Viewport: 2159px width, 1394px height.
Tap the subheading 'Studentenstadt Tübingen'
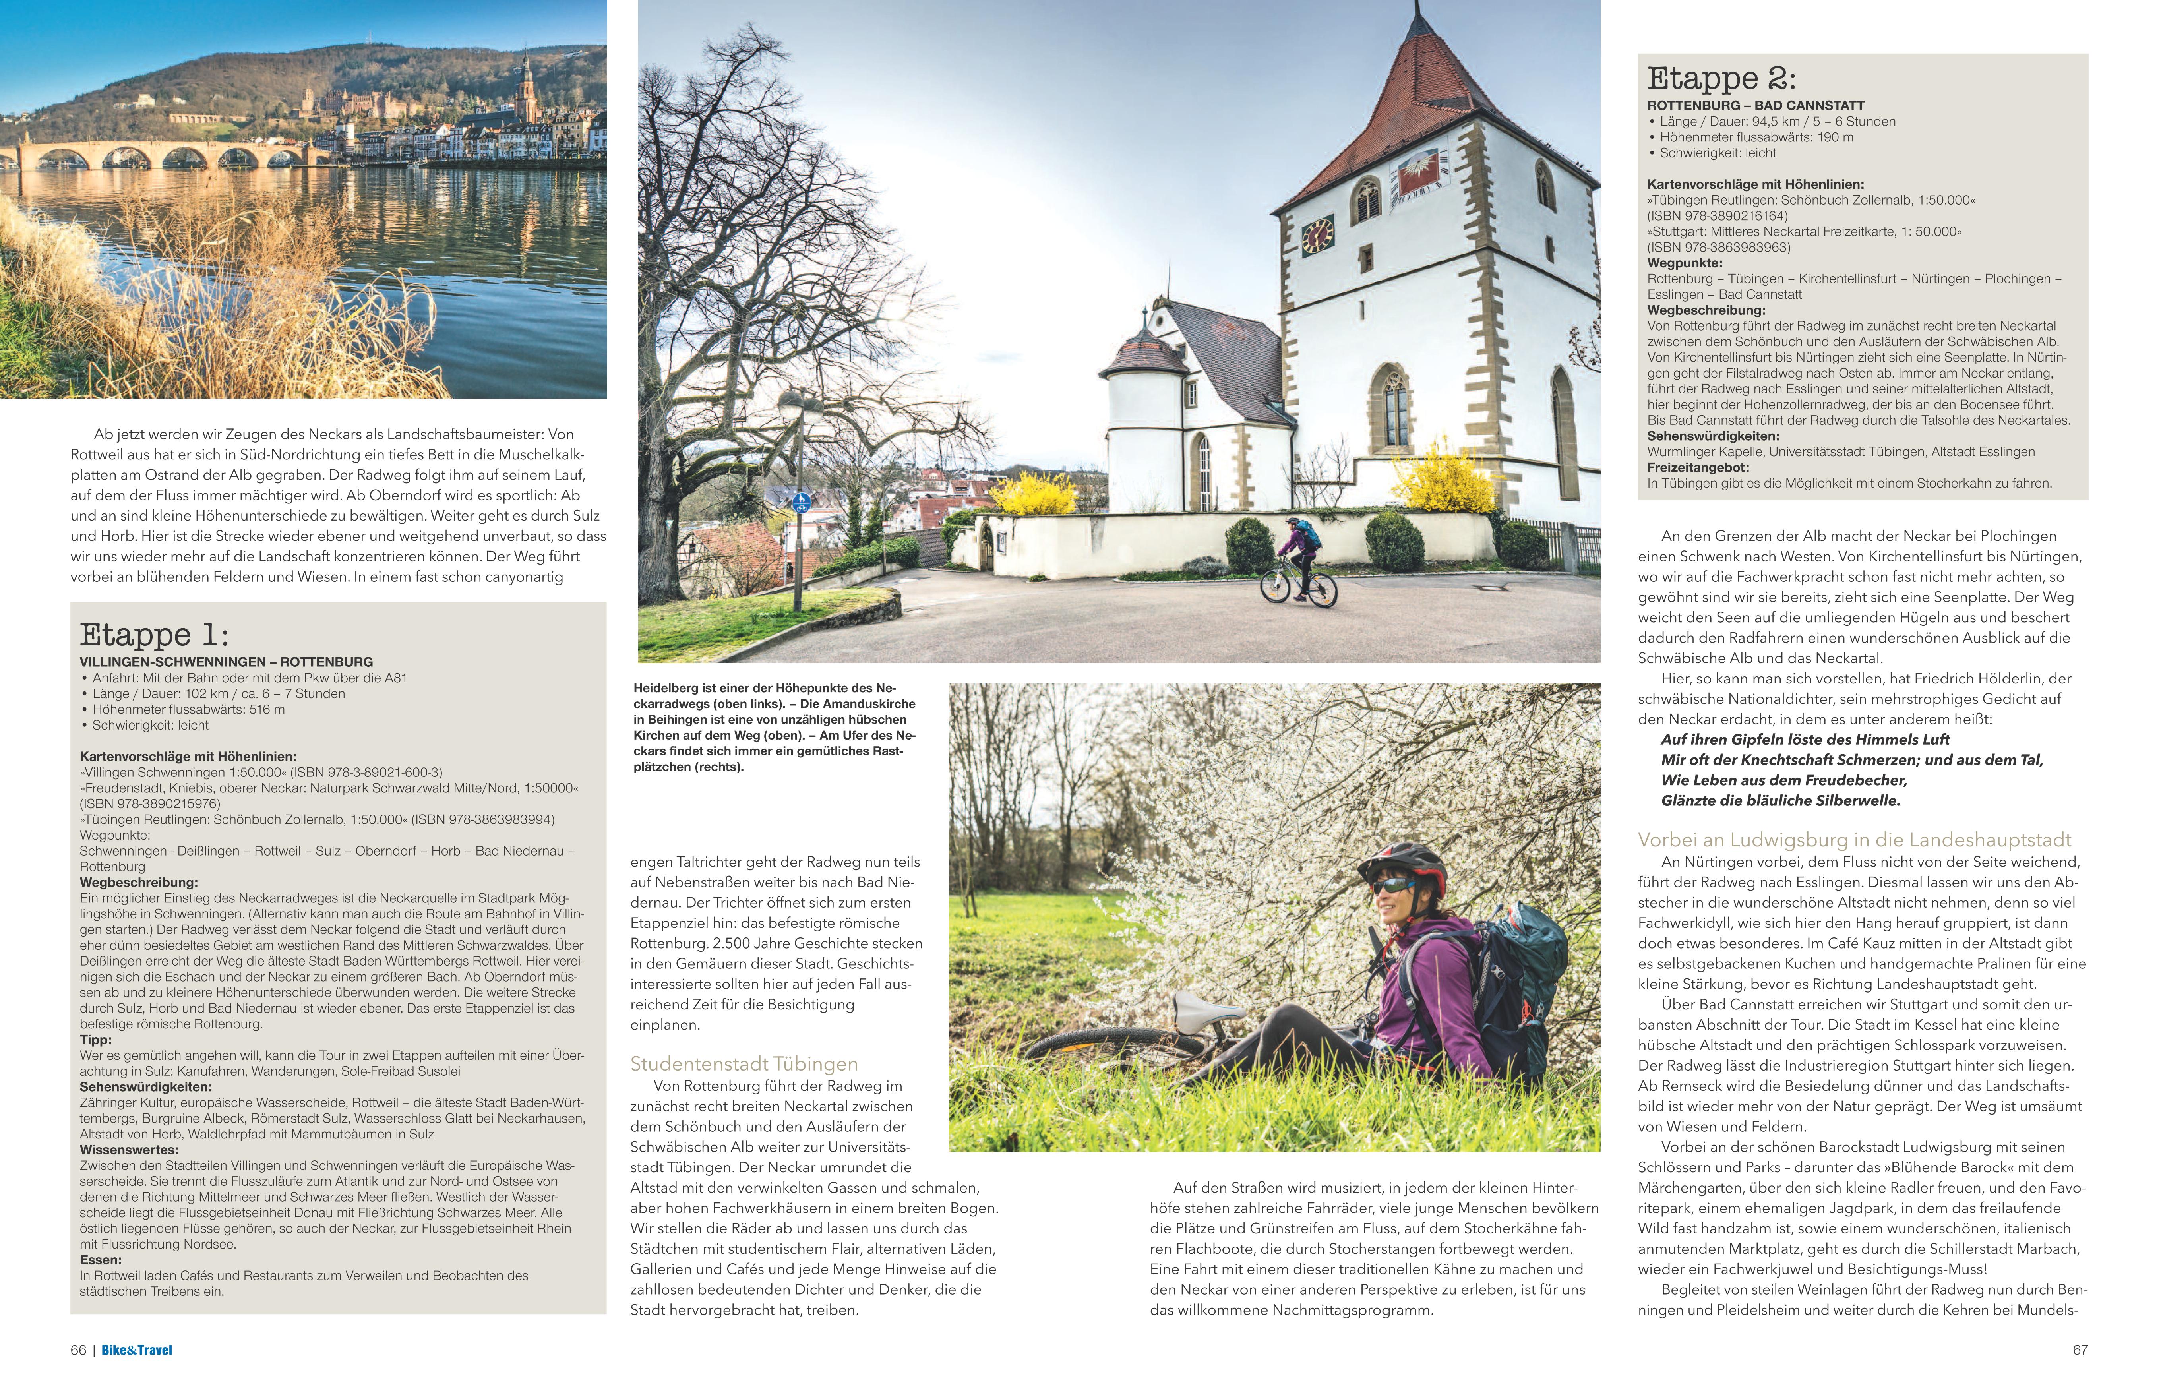coord(744,1064)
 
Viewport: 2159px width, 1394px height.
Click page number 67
coord(2080,1349)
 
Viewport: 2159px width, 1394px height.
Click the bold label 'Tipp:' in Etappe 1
coord(96,1040)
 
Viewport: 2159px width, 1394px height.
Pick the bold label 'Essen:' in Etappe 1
coord(101,1259)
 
